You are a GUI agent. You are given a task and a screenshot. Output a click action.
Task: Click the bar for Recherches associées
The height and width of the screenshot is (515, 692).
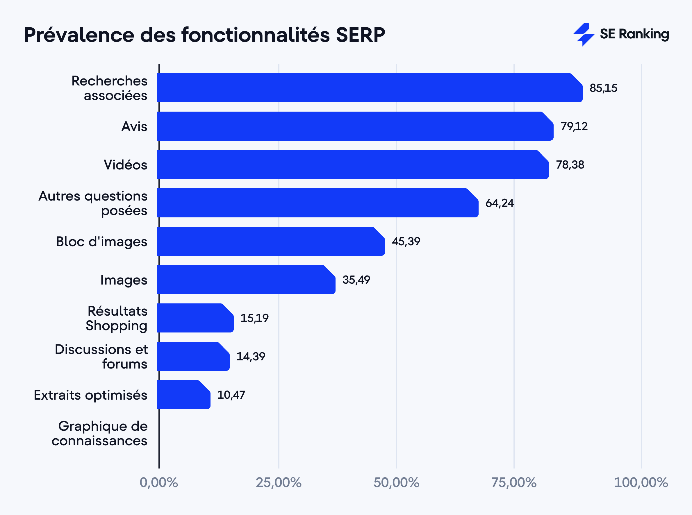370,88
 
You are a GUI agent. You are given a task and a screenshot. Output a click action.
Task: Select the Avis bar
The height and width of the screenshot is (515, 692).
355,126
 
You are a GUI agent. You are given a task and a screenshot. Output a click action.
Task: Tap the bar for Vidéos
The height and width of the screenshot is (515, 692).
352,164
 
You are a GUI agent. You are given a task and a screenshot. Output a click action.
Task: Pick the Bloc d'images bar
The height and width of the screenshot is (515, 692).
271,241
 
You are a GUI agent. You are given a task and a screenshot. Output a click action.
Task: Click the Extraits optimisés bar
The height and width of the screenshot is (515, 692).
183,395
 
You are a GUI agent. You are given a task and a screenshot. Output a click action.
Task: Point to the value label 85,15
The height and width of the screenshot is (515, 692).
603,88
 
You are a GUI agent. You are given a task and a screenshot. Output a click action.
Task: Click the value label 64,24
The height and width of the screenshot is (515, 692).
499,203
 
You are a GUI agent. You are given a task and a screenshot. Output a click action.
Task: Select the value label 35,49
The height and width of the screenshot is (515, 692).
356,280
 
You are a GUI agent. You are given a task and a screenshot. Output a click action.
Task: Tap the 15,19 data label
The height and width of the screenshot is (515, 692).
254,318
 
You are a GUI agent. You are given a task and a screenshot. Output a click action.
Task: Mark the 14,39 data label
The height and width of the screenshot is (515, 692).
250,356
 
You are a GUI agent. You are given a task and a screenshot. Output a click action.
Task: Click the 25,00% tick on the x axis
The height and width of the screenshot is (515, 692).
279,482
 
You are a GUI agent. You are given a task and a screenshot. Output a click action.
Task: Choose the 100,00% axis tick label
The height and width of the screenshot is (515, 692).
641,482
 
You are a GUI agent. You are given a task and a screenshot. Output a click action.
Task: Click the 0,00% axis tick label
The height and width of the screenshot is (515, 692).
159,482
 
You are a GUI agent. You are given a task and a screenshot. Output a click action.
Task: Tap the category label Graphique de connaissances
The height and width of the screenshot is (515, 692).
100,433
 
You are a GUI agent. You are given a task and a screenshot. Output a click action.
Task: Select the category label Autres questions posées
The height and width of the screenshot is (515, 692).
93,203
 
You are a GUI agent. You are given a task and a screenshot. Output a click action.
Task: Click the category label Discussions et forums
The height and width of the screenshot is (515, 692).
101,356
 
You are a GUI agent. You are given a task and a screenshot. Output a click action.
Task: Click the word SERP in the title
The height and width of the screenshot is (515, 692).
360,35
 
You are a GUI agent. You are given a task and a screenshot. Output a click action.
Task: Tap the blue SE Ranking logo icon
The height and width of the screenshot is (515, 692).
583,34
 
